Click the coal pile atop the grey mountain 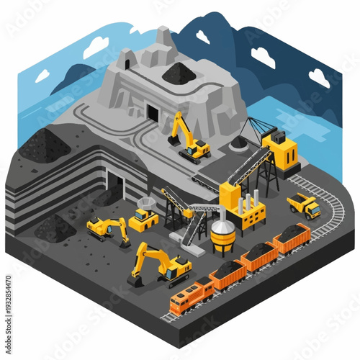click(x=176, y=72)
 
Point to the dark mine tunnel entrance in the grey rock click(x=153, y=112)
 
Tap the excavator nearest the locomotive click(x=160, y=265)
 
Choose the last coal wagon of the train click(x=292, y=236)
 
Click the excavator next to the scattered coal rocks click(x=108, y=229)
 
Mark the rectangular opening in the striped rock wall click(x=115, y=184)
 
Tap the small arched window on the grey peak click(x=128, y=59)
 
